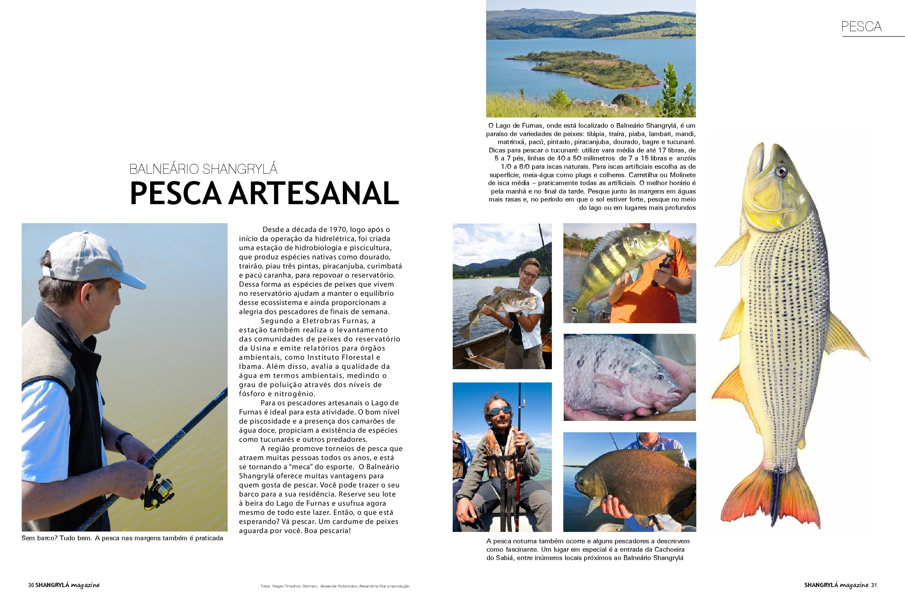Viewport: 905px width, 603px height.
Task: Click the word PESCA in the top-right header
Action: click(861, 27)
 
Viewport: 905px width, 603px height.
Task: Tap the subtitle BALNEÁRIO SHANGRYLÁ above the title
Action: click(203, 169)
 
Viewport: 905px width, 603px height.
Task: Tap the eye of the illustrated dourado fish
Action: click(781, 171)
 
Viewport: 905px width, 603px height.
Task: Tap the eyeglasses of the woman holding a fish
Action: click(530, 275)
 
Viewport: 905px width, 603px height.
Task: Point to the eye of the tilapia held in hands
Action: click(660, 377)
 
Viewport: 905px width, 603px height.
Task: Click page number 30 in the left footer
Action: click(31, 585)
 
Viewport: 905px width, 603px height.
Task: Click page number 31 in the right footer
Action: click(873, 585)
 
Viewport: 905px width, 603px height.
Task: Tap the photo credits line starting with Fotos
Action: click(334, 586)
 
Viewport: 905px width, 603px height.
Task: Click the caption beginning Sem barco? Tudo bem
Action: click(122, 538)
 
